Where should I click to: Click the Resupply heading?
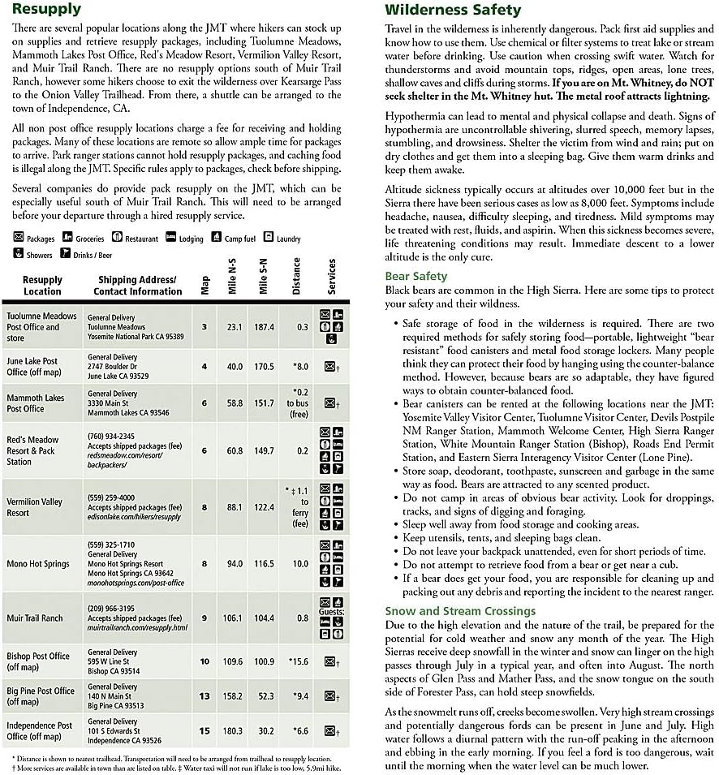[46, 10]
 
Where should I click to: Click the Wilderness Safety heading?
[453, 11]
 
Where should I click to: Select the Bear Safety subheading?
[415, 276]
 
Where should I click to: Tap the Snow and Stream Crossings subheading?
[460, 610]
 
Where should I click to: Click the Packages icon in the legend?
[19, 239]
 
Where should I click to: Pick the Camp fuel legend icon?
[217, 238]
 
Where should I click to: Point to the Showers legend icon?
[19, 254]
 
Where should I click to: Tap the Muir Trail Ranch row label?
[35, 618]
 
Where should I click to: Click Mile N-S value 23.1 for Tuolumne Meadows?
[235, 327]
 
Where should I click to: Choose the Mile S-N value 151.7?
[264, 403]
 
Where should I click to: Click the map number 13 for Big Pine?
[205, 696]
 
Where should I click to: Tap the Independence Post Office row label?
[40, 730]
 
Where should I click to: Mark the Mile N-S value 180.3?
[234, 730]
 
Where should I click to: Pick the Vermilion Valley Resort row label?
[35, 507]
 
